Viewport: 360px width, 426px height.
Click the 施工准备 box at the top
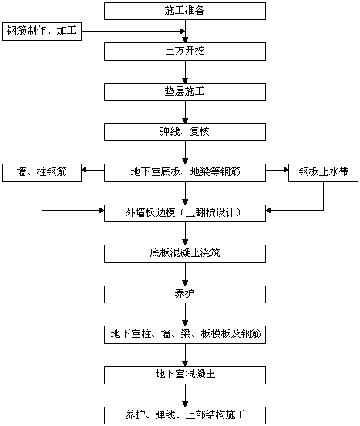[185, 11]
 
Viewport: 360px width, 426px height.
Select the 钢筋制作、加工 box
[42, 32]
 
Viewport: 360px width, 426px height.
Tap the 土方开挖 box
[185, 52]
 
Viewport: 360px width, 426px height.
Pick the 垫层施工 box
[185, 92]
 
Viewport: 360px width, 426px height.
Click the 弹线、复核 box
[185, 132]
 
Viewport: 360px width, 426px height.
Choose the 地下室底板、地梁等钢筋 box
[185, 173]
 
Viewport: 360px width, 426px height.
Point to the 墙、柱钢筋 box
[42, 173]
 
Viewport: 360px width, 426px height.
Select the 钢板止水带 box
[323, 173]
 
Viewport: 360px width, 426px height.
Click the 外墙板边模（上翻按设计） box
[185, 213]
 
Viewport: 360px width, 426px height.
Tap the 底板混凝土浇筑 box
[185, 254]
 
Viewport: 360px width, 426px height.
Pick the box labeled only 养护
[185, 294]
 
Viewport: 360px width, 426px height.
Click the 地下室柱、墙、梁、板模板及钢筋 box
[185, 335]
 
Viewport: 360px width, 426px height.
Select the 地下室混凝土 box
[185, 375]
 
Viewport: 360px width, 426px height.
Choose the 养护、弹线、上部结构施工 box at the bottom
[185, 415]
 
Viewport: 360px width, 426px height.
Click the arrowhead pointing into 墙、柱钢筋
[84, 170]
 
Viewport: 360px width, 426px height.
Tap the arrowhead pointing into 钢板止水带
[286, 170]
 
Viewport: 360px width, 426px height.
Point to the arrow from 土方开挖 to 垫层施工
[185, 72]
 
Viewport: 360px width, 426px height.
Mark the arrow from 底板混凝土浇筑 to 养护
[185, 274]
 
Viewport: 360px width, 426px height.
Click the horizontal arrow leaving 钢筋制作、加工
[133, 31]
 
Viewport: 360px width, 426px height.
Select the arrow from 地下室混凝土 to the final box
[185, 395]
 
